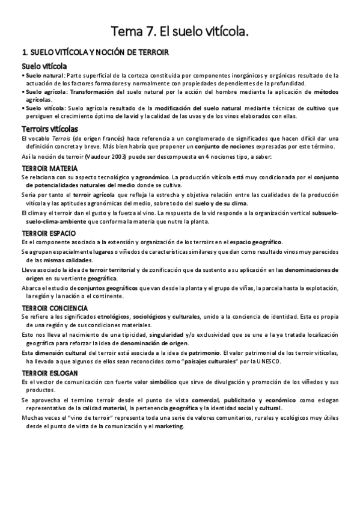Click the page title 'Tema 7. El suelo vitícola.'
(180, 31)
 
